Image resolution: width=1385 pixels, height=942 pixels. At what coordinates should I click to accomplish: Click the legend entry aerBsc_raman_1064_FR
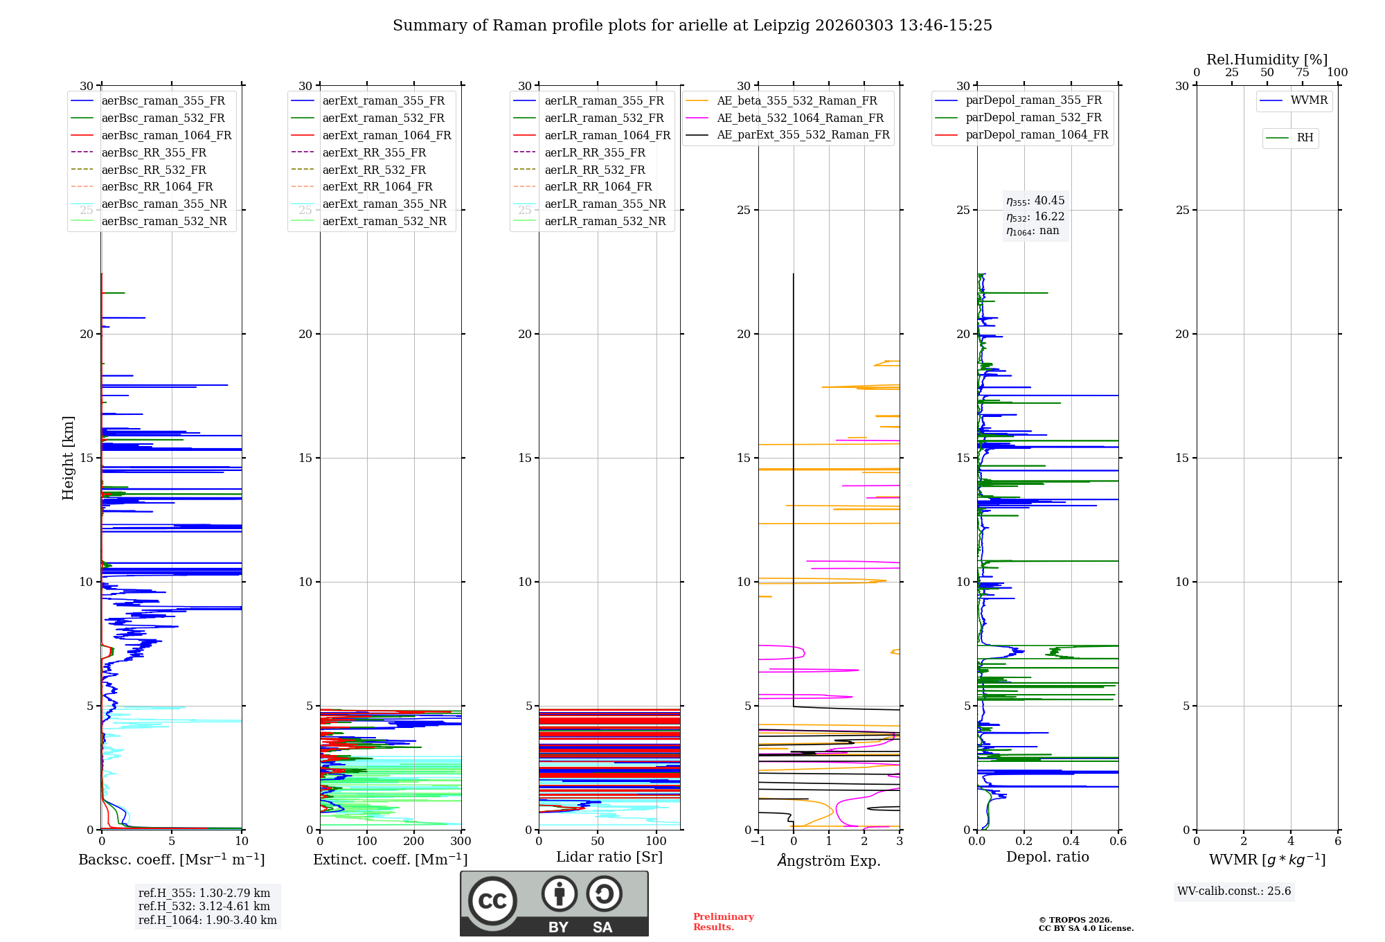pos(166,136)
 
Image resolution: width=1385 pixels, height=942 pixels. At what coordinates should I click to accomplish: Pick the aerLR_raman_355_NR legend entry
pos(605,204)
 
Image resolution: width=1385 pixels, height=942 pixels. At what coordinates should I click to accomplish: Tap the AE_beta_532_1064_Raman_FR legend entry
pos(800,118)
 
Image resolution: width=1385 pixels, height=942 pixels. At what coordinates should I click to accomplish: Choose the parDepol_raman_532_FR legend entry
pos(1033,118)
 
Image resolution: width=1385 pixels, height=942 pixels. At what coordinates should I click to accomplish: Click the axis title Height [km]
pos(68,457)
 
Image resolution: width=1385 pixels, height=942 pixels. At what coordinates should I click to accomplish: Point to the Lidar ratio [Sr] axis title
pos(609,857)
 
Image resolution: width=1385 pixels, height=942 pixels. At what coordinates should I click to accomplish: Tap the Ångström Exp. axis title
pos(829,860)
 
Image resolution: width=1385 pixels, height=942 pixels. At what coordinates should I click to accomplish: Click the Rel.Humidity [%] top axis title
pos(1267,60)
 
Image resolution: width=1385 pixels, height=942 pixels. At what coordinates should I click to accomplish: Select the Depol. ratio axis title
pos(1047,857)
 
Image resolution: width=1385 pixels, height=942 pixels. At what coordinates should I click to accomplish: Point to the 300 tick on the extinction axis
pos(461,842)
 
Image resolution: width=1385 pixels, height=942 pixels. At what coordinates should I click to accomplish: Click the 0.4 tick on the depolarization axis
pos(1071,842)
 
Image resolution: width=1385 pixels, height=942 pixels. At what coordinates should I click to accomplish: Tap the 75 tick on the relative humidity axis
pos(1302,73)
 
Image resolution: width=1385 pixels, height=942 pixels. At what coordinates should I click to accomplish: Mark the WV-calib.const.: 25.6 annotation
pos(1234,891)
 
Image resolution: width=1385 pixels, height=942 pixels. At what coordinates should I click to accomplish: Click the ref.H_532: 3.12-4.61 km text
pos(204,907)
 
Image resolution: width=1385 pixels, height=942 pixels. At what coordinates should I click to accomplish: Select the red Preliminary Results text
pos(723,922)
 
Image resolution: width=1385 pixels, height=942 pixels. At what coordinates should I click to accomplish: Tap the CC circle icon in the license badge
pos(492,901)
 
